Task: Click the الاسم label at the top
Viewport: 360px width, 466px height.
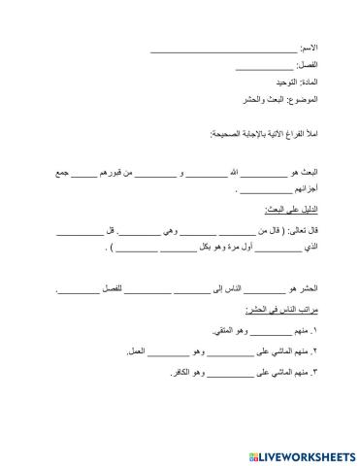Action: pyautogui.click(x=308, y=48)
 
